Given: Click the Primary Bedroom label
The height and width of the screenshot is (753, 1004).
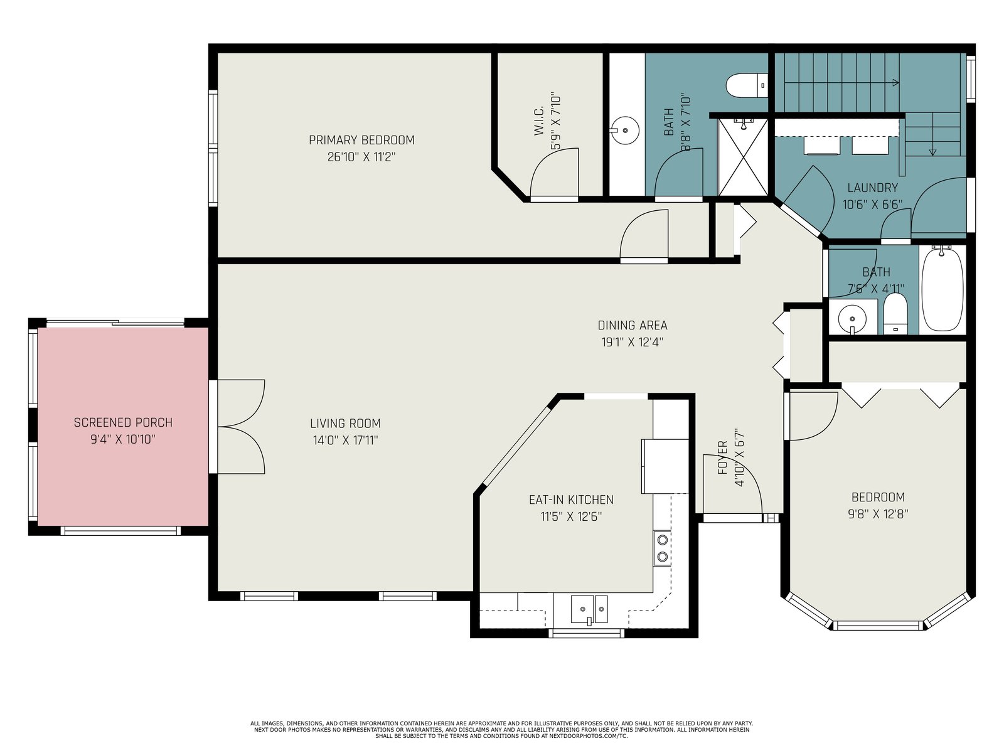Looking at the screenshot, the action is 361,140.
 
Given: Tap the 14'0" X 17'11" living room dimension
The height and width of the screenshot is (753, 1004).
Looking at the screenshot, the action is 345,441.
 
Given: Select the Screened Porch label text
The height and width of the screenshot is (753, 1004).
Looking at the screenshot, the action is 123,422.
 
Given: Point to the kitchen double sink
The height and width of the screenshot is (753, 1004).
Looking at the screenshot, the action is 589,610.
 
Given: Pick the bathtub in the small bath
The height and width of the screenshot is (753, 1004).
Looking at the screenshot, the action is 943,289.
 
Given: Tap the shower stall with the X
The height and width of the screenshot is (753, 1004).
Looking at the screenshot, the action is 743,157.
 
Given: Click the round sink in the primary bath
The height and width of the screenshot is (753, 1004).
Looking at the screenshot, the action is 625,131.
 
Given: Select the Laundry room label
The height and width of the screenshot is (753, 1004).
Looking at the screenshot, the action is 872,188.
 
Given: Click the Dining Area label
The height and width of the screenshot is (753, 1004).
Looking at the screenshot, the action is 632,325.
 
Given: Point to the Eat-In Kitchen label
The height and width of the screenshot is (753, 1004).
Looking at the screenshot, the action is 571,499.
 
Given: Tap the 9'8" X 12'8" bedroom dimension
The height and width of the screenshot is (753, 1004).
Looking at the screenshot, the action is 878,514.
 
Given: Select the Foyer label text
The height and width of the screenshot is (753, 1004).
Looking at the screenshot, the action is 722,457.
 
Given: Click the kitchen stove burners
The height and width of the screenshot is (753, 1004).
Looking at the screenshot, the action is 662,548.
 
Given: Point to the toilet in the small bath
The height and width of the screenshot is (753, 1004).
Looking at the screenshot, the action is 895,314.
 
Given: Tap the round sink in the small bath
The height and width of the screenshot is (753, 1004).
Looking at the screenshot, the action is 852,317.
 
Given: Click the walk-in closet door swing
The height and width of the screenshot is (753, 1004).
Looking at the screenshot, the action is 554,173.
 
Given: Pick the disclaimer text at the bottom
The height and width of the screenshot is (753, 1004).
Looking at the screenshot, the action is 501,730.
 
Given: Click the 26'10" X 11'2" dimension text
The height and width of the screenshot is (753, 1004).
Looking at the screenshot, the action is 361,157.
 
